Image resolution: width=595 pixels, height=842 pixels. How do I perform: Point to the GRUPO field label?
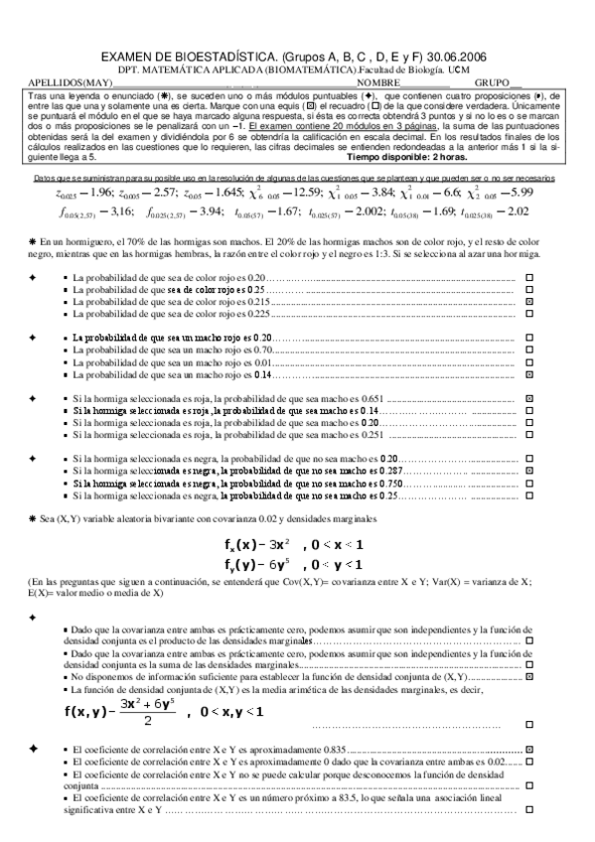[x=494, y=83]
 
